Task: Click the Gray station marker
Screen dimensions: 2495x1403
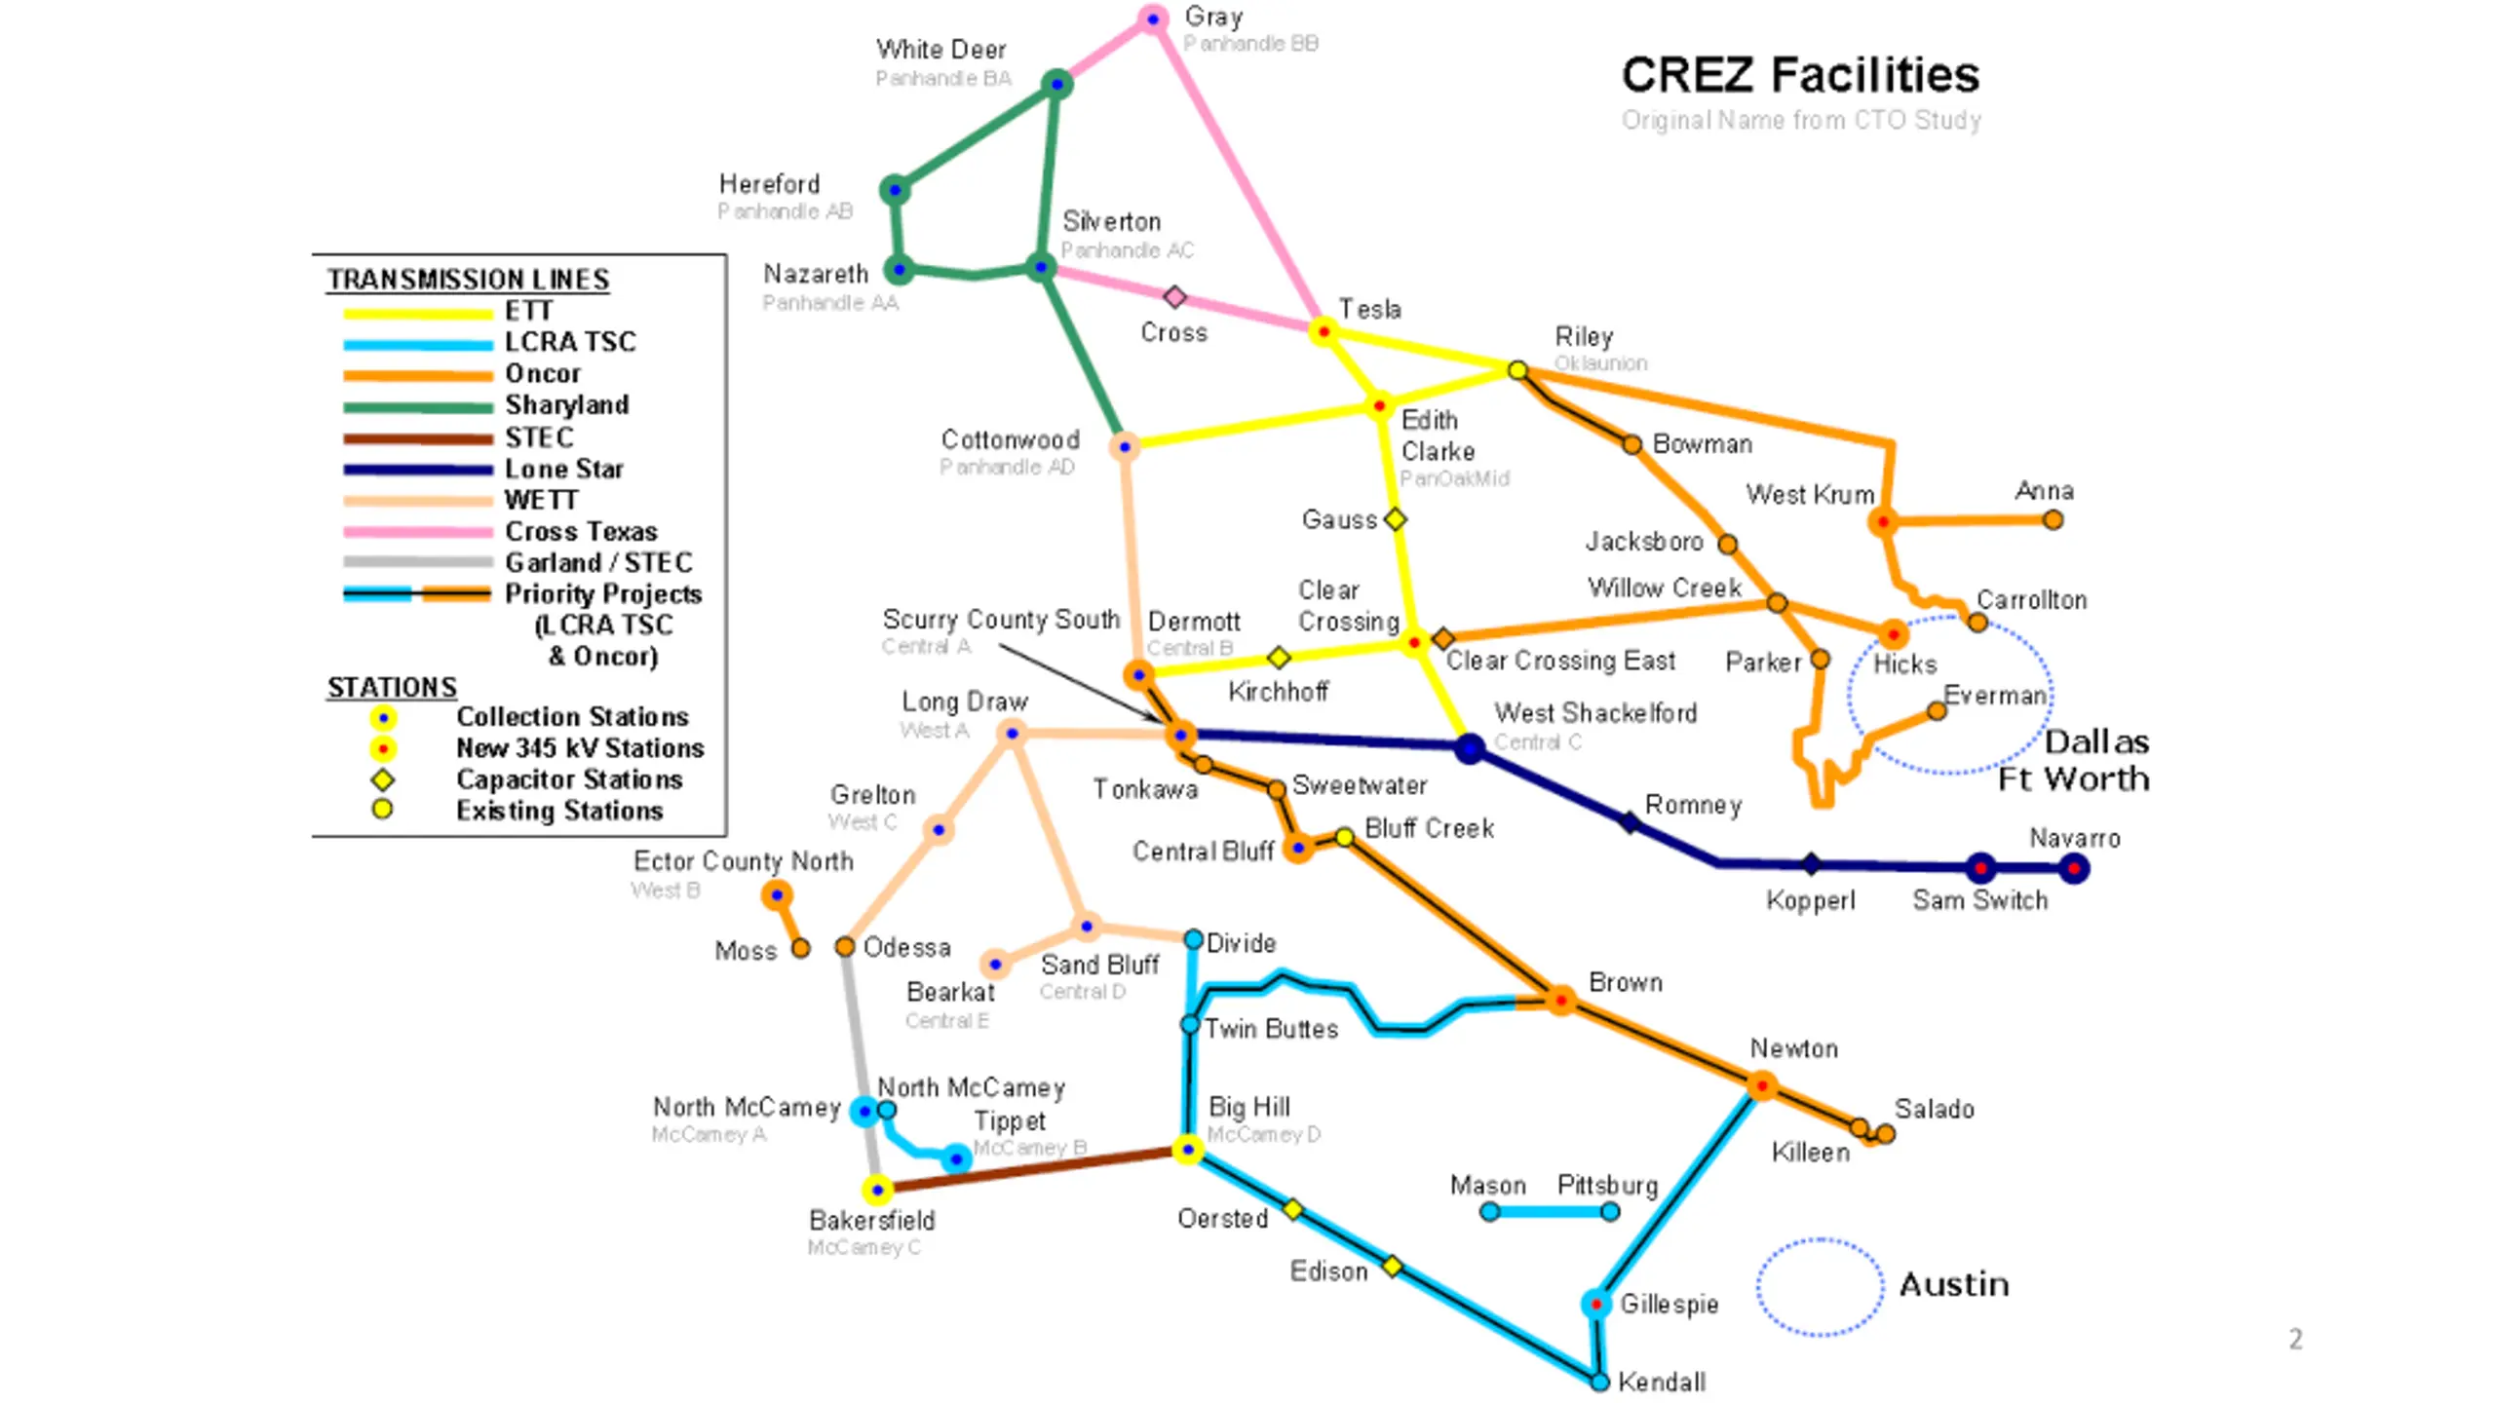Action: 1153,19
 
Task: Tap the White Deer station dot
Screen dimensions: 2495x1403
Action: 1057,84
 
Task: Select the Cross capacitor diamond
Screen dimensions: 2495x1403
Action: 1175,296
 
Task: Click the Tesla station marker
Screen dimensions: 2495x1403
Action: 1324,331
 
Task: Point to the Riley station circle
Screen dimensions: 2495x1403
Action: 1517,370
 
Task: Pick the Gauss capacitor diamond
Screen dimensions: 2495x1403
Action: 1396,519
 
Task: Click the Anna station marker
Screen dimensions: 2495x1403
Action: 2053,520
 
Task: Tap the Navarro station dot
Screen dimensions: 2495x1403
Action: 2074,868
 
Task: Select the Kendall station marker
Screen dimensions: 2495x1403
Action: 1599,1382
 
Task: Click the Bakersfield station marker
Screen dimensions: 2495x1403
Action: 877,1190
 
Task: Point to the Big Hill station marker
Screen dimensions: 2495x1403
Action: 1187,1150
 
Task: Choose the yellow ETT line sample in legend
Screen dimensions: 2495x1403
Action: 417,314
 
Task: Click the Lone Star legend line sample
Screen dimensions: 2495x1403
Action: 417,470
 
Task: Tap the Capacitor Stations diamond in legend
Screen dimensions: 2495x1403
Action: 383,779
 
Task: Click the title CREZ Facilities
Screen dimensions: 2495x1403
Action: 1800,75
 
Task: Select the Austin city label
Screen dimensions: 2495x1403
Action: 1954,1284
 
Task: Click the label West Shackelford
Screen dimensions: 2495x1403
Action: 1595,713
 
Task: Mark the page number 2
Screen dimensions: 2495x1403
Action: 2295,1339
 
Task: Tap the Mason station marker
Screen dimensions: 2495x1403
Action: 1489,1212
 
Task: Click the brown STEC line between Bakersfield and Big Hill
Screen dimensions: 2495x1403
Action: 1033,1170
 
